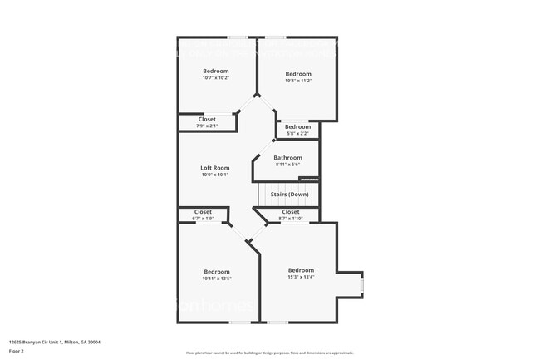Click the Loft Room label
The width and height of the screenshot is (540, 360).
(214, 168)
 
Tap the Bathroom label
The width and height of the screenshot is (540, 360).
(287, 158)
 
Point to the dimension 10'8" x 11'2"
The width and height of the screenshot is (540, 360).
(297, 81)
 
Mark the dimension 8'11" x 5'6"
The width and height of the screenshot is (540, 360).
(287, 165)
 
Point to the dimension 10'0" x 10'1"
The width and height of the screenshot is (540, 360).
(214, 175)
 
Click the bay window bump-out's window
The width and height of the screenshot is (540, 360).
(361, 286)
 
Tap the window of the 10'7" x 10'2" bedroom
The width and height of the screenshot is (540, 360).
(238, 37)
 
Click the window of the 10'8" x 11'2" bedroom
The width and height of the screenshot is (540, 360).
(276, 37)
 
